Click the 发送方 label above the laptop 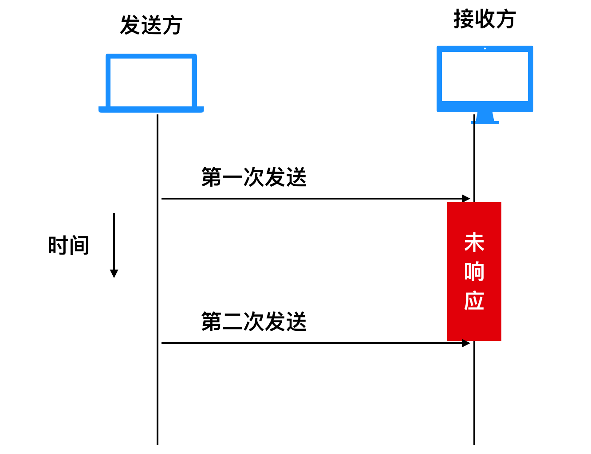(x=151, y=25)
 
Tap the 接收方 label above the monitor (x=485, y=19)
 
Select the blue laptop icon (x=151, y=83)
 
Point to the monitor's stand (x=485, y=118)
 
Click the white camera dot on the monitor (x=485, y=49)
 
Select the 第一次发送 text (x=254, y=177)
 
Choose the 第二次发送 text (x=254, y=321)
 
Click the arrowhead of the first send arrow (x=466, y=198)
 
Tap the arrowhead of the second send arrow (x=466, y=343)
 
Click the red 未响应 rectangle (x=474, y=271)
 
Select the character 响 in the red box (x=474, y=271)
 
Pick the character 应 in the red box (x=474, y=301)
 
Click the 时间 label (x=68, y=245)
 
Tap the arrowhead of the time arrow (x=114, y=274)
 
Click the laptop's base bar (x=151, y=110)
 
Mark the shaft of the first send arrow (x=312, y=199)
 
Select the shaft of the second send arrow (x=312, y=343)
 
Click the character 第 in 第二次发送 (x=211, y=321)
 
